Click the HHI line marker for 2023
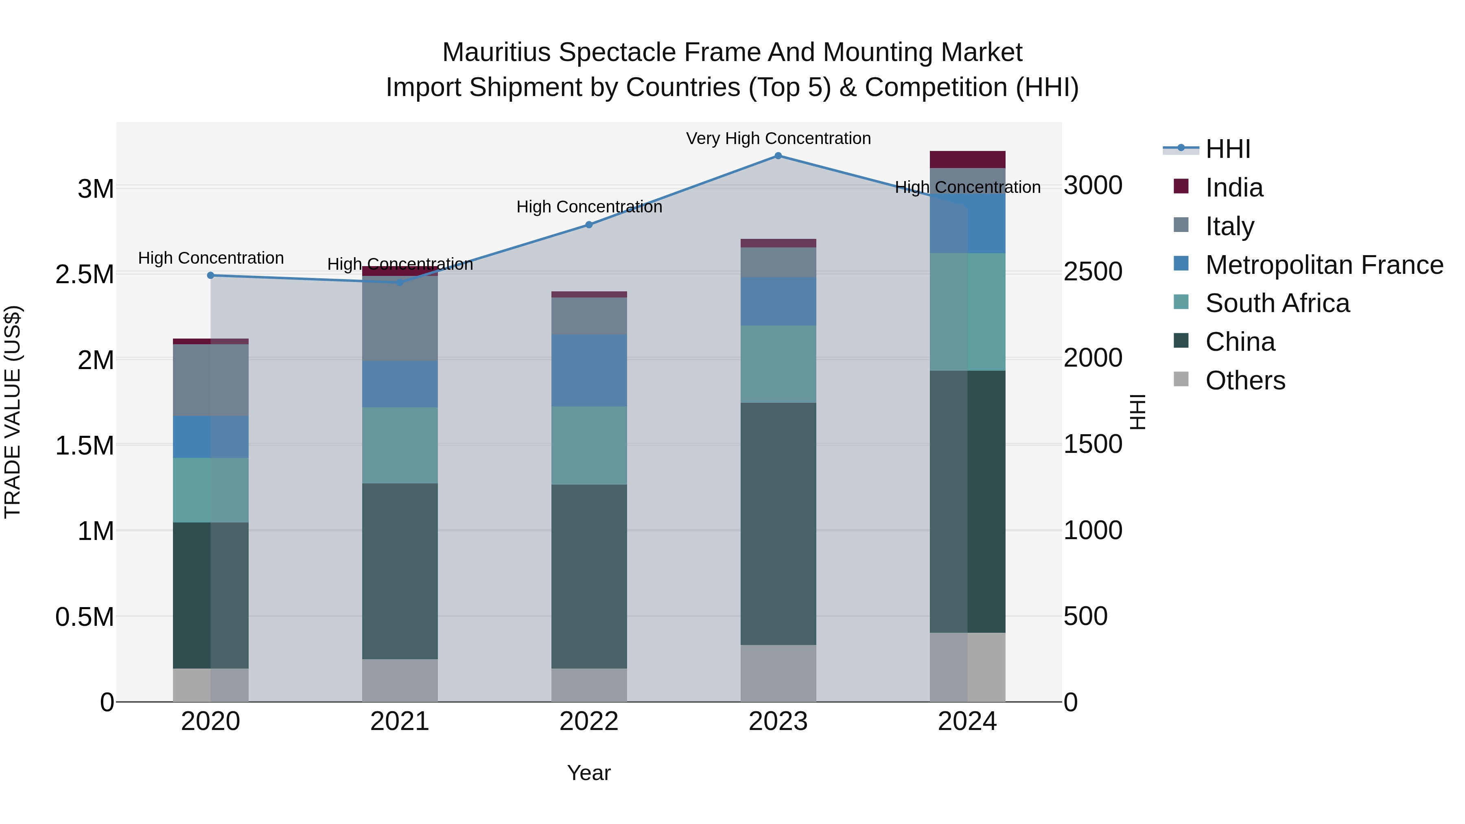[778, 156]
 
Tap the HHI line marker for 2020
[210, 275]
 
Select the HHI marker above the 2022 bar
[588, 225]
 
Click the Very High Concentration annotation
[778, 139]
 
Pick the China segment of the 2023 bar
[778, 523]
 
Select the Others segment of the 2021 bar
[400, 680]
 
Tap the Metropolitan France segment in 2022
[588, 370]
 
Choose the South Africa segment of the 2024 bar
[967, 312]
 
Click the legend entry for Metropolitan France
[1324, 265]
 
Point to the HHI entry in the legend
[1227, 149]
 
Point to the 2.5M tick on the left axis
[84, 274]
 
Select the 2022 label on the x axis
[588, 721]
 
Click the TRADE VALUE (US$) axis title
[13, 412]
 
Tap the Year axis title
[588, 773]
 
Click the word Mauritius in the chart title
[496, 52]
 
